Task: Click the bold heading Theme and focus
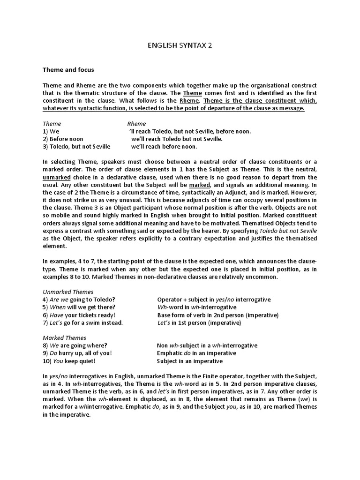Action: [x=68, y=70]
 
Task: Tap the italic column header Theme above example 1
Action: [x=52, y=123]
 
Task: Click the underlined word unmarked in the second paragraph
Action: [x=57, y=178]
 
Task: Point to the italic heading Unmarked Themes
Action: [x=68, y=292]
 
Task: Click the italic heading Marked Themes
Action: [x=65, y=337]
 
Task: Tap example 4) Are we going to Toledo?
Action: [x=79, y=299]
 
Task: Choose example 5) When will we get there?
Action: [x=81, y=307]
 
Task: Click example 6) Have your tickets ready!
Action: [x=79, y=315]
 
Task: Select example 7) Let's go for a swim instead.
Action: [x=82, y=322]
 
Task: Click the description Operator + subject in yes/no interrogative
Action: [x=214, y=299]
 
